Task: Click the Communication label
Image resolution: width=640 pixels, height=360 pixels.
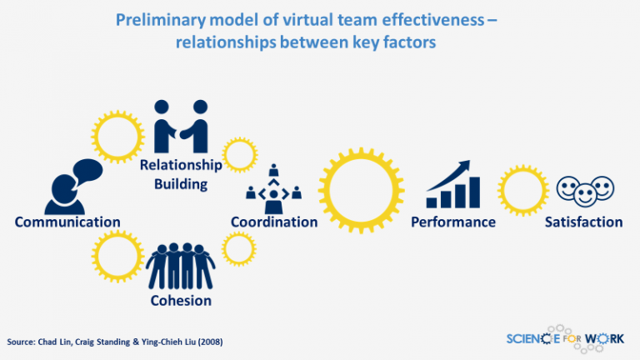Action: [x=67, y=222]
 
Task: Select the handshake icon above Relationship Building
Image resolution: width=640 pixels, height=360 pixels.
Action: [x=181, y=127]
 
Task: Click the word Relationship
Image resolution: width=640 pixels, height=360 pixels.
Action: [x=181, y=165]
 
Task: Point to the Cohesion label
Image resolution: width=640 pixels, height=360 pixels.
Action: [x=181, y=300]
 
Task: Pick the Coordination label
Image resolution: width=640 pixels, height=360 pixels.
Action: [x=274, y=222]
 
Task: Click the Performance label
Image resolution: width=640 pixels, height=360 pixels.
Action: [x=453, y=222]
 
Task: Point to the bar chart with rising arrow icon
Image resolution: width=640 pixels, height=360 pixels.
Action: [x=454, y=185]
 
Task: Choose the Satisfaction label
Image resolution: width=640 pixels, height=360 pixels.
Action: [x=584, y=222]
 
